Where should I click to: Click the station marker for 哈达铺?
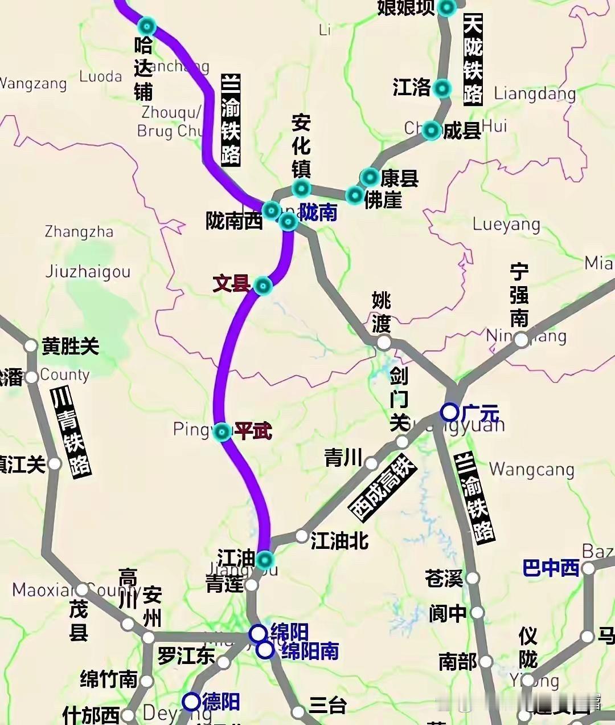pyautogui.click(x=147, y=26)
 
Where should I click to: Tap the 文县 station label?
pyautogui.click(x=231, y=283)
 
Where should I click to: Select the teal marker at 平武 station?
pyautogui.click(x=222, y=432)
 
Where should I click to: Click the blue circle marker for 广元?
pyautogui.click(x=450, y=412)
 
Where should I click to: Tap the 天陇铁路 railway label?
pyautogui.click(x=473, y=59)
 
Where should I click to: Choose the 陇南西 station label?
pyautogui.click(x=234, y=221)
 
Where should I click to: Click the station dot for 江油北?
pyautogui.click(x=302, y=536)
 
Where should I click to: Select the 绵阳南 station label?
pyautogui.click(x=310, y=651)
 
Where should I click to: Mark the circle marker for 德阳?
pyautogui.click(x=191, y=702)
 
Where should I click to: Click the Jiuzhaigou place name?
pyautogui.click(x=88, y=271)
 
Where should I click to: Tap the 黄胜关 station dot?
pyautogui.click(x=31, y=346)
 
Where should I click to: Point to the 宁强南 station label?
pyautogui.click(x=519, y=295)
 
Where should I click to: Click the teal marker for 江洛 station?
pyautogui.click(x=442, y=88)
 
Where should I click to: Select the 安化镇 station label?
pyautogui.click(x=301, y=145)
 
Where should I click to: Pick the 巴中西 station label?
pyautogui.click(x=551, y=568)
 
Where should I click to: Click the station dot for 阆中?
pyautogui.click(x=477, y=613)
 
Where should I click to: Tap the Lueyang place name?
pyautogui.click(x=506, y=224)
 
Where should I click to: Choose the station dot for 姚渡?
pyautogui.click(x=384, y=342)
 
